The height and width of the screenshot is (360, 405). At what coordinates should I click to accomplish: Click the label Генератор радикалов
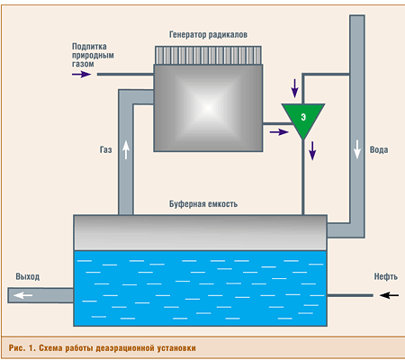coord(208,35)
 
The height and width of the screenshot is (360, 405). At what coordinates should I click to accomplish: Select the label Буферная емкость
coord(203,204)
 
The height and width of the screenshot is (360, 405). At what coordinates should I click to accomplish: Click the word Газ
coord(106,149)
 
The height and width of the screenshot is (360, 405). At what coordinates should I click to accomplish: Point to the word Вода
coord(379,149)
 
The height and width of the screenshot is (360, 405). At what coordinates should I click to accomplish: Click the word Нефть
coord(386,276)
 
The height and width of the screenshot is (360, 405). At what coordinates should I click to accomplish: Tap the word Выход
coord(28,276)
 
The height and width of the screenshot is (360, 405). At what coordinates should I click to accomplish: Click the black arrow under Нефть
coord(389,295)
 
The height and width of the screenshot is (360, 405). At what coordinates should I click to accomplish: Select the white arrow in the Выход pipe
coord(23,295)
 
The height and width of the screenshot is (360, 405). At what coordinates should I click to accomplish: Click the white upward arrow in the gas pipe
coord(126,150)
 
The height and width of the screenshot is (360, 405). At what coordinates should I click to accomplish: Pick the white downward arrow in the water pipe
coord(357,149)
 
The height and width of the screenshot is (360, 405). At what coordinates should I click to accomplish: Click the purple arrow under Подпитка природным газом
coord(82,74)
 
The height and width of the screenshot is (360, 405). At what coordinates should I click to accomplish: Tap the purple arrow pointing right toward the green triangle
coord(279,131)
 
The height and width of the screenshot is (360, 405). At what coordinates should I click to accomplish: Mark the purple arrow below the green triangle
coord(312,150)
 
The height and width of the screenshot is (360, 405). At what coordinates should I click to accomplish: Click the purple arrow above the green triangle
coord(295,88)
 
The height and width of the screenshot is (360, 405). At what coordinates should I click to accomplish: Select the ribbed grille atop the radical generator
coord(208,55)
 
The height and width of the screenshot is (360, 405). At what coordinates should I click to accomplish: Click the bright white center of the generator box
coord(208,108)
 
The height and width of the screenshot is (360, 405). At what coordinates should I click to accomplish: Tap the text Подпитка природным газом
coord(93,55)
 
